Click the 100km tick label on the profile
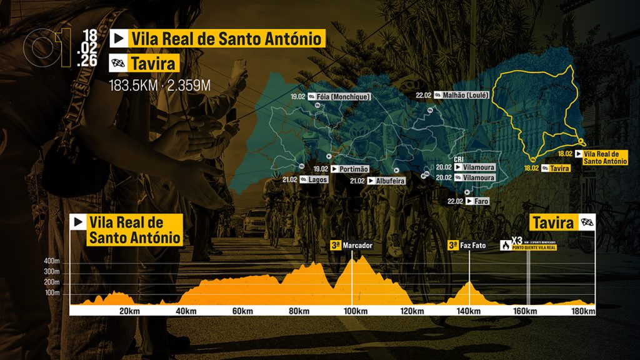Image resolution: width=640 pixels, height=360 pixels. point(355,312)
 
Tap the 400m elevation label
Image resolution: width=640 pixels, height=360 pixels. point(51,261)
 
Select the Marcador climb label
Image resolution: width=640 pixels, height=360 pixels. point(357,246)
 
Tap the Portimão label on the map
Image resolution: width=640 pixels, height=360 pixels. point(354,169)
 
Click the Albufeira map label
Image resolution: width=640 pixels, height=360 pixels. point(390,181)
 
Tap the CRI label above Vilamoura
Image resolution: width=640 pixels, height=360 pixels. point(459,159)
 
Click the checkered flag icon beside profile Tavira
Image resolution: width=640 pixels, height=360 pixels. point(587,222)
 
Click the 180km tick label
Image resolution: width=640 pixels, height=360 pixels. point(582,312)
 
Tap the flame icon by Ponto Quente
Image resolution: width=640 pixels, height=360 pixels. point(504,246)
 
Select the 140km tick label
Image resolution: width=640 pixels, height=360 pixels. point(469,312)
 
